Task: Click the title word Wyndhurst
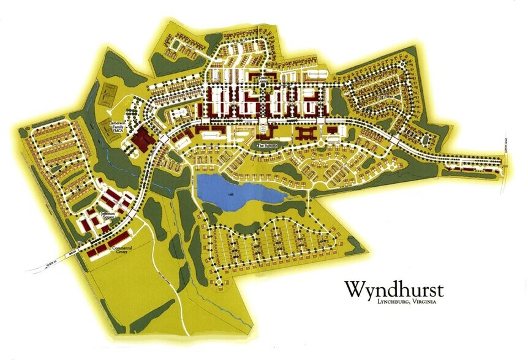point(394,288)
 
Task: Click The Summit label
point(268,146)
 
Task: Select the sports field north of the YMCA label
point(108,94)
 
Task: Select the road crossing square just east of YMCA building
point(165,140)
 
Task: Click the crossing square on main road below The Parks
point(395,141)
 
